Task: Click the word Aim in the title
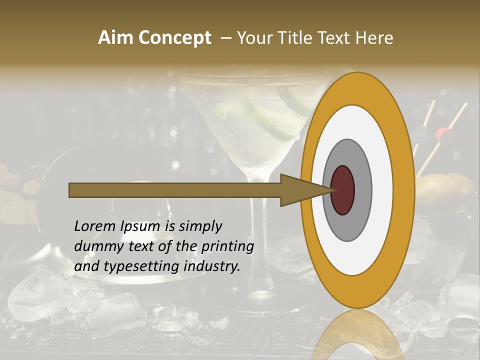point(115,38)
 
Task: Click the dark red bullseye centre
point(343,190)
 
